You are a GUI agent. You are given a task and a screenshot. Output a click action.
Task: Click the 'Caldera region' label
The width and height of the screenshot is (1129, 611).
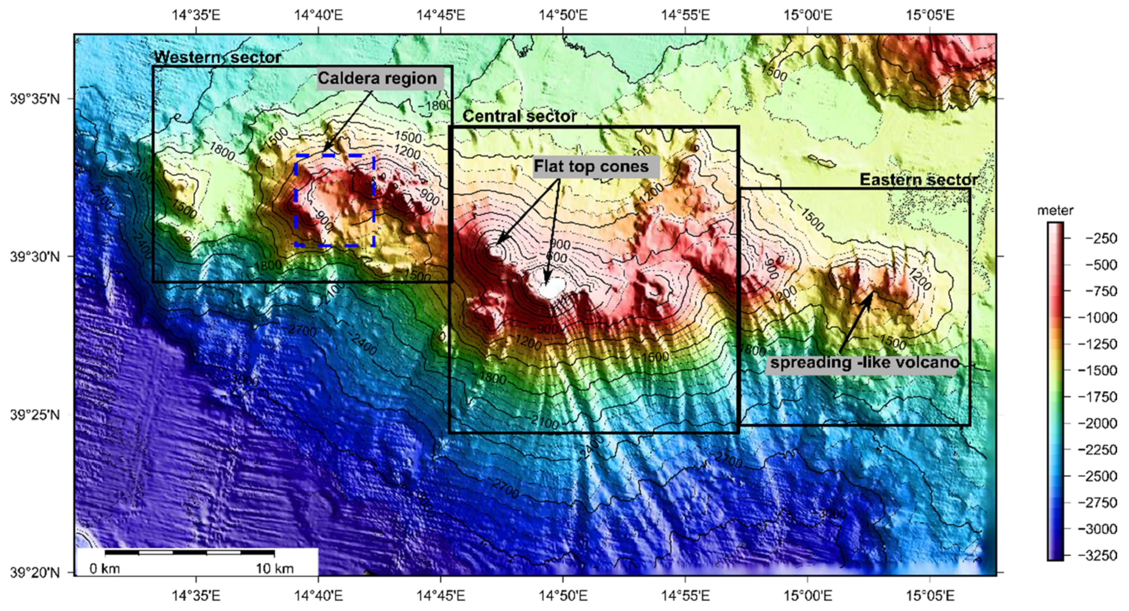377,79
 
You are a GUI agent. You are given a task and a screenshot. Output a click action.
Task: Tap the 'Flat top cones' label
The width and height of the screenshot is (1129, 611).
591,167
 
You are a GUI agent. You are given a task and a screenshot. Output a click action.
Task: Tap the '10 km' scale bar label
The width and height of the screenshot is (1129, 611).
274,569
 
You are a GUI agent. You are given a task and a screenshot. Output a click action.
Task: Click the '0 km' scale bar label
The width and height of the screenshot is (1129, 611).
105,569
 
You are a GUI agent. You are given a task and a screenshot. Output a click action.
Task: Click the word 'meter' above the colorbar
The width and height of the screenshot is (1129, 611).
1055,211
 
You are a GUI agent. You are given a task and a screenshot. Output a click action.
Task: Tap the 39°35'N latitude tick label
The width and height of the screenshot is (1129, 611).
35,99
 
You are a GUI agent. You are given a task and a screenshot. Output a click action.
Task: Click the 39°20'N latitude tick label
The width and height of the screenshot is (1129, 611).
35,572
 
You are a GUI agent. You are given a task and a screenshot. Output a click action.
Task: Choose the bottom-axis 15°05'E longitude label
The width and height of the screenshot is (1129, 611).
930,595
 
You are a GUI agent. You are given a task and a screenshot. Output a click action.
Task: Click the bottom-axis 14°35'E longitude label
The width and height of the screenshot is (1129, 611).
196,595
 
